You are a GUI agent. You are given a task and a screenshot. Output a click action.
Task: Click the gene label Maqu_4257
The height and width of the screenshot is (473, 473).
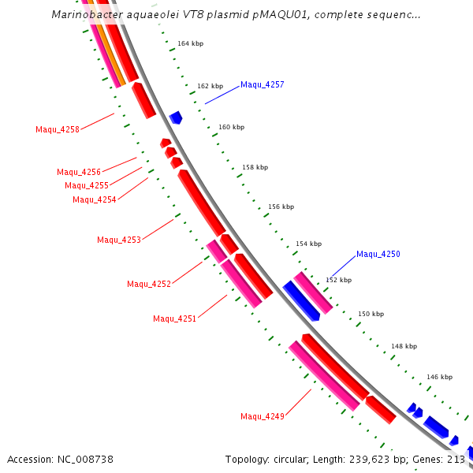[263, 84]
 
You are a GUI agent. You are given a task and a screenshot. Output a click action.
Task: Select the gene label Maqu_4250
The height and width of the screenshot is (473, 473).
[378, 254]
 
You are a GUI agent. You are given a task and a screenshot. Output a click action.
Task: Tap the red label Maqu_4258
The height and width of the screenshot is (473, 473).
[58, 129]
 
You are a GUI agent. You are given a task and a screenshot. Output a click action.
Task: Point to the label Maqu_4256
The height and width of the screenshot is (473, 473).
[79, 172]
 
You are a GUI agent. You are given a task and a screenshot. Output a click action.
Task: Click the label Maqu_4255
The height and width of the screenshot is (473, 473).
[87, 185]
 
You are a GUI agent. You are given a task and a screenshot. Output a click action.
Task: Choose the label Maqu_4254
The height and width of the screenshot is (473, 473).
[95, 199]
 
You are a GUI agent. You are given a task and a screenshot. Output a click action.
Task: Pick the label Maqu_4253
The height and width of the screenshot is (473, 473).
[119, 240]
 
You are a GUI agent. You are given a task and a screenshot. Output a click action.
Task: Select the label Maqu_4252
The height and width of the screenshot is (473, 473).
[149, 284]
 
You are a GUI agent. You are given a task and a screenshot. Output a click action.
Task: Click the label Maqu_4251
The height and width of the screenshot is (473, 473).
[175, 318]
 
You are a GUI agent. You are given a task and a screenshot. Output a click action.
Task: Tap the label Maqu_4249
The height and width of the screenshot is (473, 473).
[263, 416]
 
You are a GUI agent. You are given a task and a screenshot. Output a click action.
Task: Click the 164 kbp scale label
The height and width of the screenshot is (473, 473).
[190, 43]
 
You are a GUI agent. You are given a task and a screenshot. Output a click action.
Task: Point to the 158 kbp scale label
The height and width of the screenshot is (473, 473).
[255, 167]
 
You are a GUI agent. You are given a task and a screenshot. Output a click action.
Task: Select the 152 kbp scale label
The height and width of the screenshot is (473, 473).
[338, 280]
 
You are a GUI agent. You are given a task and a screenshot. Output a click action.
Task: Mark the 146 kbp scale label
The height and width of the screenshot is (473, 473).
[440, 378]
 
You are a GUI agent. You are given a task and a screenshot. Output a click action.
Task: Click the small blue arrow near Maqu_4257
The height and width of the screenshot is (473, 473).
[176, 117]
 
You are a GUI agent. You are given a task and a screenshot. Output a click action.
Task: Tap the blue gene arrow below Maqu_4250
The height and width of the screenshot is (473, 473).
[301, 300]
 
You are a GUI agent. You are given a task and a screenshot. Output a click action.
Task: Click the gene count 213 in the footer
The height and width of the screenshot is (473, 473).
[456, 459]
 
